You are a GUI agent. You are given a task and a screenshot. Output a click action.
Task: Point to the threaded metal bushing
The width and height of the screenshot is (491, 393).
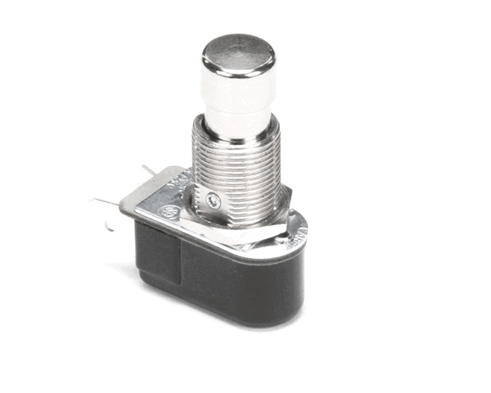(x=236, y=168)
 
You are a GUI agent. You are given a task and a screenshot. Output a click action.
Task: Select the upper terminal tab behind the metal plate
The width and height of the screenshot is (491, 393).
(x=146, y=170)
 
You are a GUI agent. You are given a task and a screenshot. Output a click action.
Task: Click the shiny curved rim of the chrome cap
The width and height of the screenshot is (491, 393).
(x=238, y=69)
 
